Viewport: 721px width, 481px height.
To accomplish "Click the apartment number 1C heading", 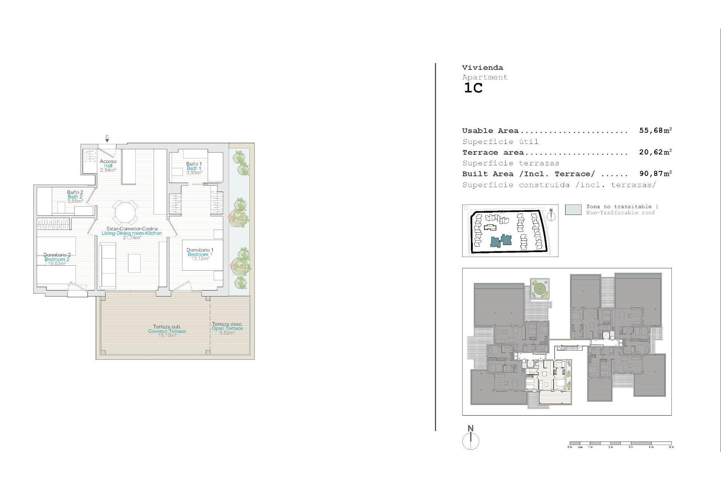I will click(473, 88).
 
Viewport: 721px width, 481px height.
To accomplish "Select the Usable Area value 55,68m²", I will click(655, 130).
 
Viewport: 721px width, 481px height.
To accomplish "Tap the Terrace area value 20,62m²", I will click(655, 152).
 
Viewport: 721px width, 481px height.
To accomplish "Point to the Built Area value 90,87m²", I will click(655, 174).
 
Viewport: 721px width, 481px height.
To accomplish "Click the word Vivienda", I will click(482, 68).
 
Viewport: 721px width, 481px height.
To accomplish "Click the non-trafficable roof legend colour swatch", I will click(573, 210).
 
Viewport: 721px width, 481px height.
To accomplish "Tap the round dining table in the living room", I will click(125, 213).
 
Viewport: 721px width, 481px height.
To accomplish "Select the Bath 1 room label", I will click(194, 168).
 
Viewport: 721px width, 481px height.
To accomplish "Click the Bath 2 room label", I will click(75, 197).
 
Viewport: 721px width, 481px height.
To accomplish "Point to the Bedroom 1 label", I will click(200, 254).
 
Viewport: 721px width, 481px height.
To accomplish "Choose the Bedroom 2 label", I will click(57, 259).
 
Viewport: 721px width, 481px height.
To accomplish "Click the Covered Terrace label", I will click(167, 331).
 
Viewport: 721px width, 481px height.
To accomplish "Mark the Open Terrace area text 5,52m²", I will click(227, 333).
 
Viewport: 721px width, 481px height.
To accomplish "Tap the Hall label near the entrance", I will click(108, 166).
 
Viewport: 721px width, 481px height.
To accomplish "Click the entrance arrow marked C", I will click(107, 140).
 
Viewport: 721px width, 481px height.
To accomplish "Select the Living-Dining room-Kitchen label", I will click(132, 233).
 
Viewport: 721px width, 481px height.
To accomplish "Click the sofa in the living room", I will click(107, 266).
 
